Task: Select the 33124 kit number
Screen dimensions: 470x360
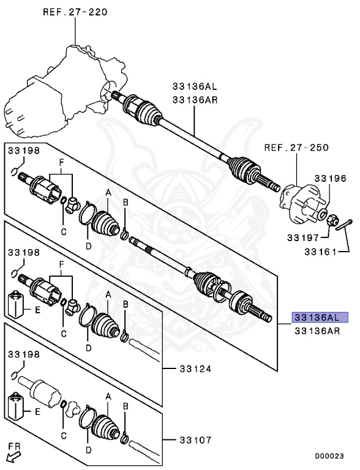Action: click(x=195, y=369)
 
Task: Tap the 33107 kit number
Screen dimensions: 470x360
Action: click(x=195, y=440)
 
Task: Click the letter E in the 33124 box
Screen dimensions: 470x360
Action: click(x=37, y=310)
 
